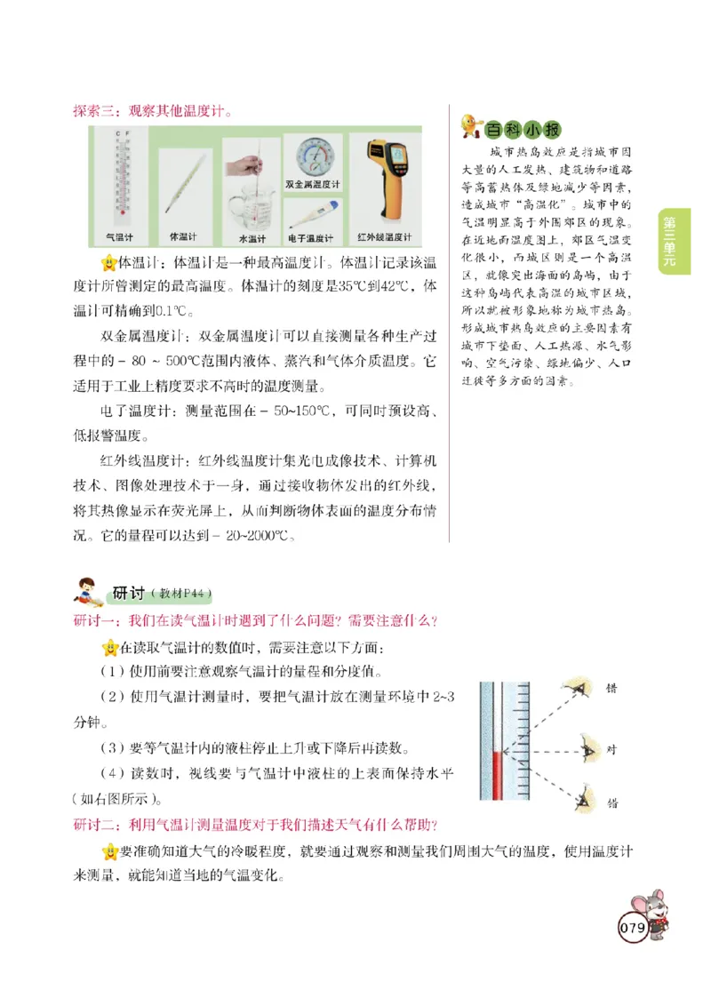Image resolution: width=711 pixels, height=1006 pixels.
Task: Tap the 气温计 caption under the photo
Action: click(119, 237)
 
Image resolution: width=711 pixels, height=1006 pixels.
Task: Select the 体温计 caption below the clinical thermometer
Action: click(183, 237)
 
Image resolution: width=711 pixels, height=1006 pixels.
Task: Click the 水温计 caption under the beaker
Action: click(252, 238)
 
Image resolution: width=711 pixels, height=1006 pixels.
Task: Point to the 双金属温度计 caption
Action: click(313, 184)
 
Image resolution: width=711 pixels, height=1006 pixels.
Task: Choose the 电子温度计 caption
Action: click(310, 238)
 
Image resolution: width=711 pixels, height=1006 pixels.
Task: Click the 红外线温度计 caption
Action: click(384, 237)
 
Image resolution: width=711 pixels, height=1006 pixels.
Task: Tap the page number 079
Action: click(632, 928)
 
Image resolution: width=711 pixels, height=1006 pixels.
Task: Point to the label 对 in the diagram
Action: click(611, 749)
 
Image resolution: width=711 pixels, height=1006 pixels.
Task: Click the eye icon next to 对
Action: click(587, 749)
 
